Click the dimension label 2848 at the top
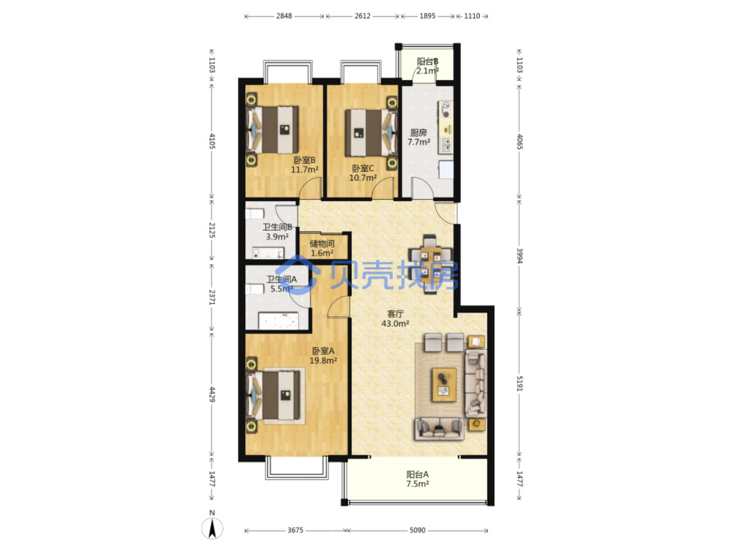284,16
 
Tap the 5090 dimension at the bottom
417,530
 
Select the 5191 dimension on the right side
520,383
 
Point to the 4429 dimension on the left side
212,394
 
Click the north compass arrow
212,529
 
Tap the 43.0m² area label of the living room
395,323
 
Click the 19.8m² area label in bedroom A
323,360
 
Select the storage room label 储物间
322,243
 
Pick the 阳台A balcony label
417,474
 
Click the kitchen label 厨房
419,132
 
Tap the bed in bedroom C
371,133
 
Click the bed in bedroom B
272,130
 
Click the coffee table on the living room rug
444,385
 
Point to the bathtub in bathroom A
279,321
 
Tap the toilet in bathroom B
255,214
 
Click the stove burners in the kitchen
446,110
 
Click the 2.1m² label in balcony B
427,71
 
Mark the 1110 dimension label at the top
472,16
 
